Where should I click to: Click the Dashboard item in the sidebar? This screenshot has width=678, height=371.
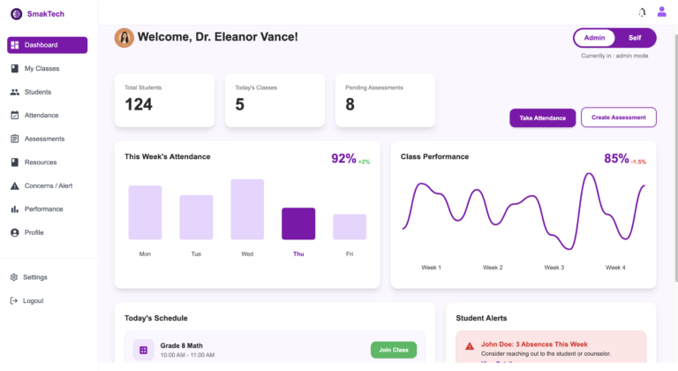(x=47, y=45)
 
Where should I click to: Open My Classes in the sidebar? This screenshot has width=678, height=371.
(x=41, y=69)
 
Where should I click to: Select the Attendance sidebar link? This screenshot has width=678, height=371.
(x=41, y=116)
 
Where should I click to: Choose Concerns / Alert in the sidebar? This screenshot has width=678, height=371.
(x=48, y=185)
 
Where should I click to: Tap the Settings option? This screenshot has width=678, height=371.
(x=35, y=277)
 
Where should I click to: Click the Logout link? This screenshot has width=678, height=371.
(x=33, y=301)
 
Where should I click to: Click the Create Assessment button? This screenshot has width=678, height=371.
(x=618, y=117)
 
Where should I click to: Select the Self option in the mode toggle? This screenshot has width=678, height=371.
(x=635, y=38)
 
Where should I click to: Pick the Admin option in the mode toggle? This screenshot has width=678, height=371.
(x=595, y=38)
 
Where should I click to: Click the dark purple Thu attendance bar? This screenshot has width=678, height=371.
(x=298, y=223)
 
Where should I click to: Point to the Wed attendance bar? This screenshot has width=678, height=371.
(x=247, y=209)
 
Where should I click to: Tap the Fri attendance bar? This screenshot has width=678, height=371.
(x=350, y=227)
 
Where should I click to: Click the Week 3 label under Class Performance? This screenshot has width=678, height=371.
(x=554, y=268)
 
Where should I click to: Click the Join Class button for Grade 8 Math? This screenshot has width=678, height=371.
(x=393, y=350)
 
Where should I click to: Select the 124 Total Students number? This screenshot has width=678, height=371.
(x=139, y=104)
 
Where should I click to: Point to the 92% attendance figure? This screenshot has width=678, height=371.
(x=343, y=159)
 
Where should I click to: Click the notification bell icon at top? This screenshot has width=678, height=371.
(x=642, y=12)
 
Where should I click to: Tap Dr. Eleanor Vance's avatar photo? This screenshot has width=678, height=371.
(x=124, y=37)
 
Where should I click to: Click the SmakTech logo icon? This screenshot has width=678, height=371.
(x=16, y=14)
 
